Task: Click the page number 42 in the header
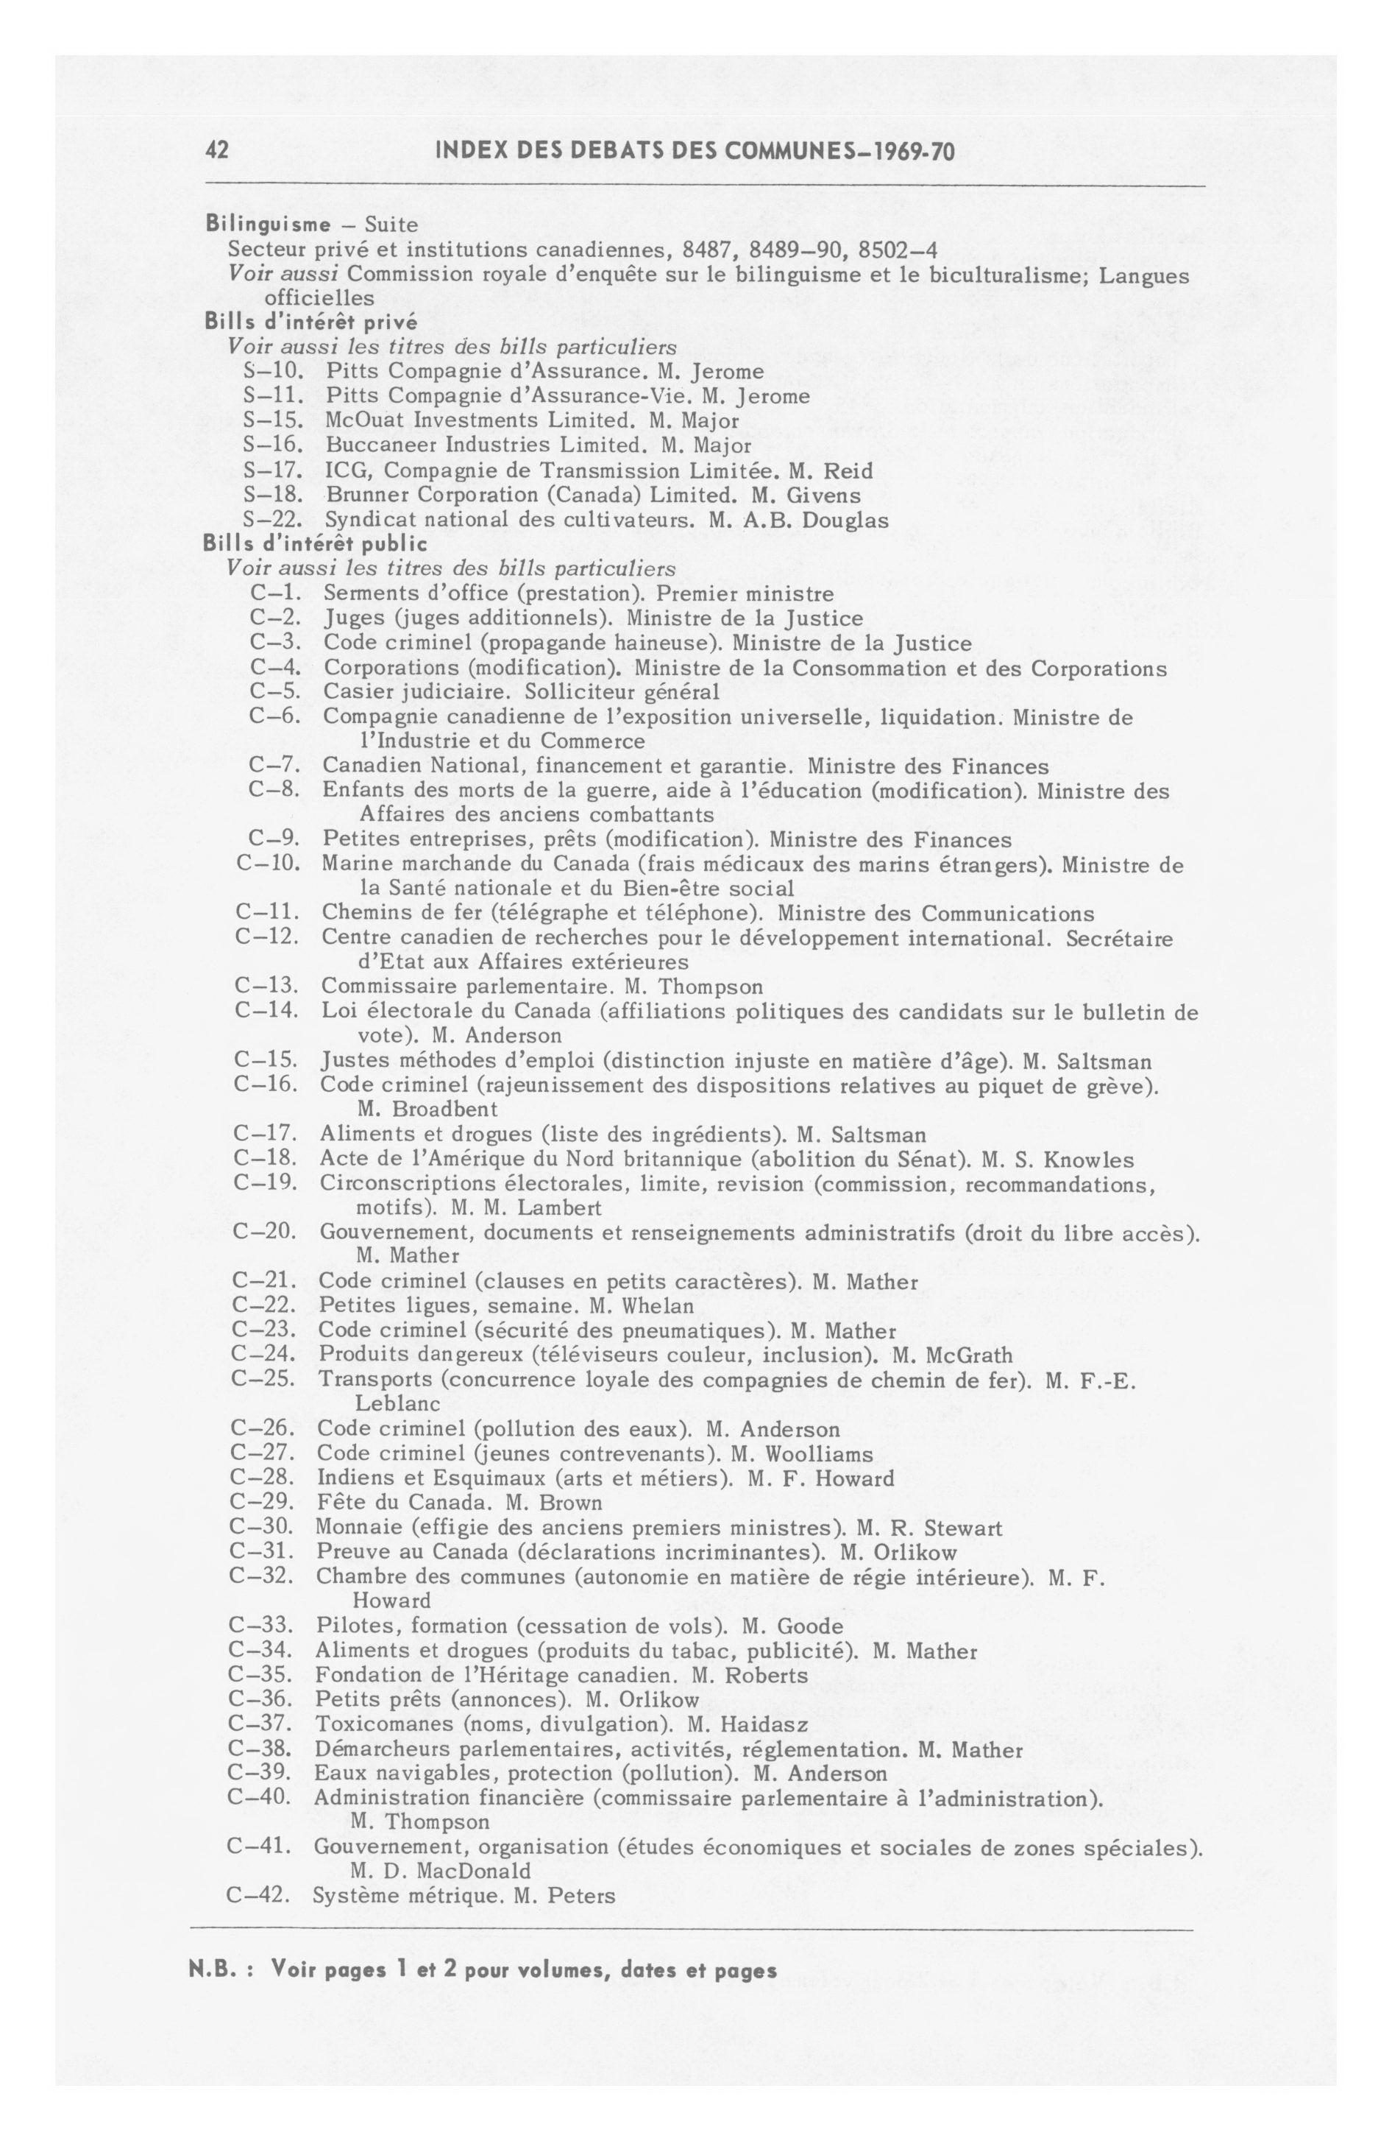click(218, 151)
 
